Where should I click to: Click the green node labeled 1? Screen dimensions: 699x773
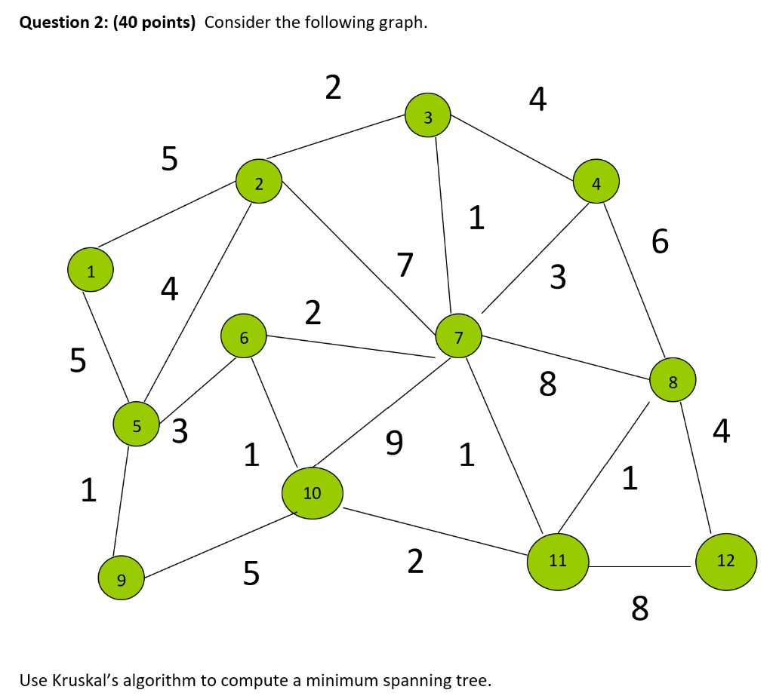tap(91, 272)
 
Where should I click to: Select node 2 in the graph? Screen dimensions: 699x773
tap(259, 183)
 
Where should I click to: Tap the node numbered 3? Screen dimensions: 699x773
tap(428, 116)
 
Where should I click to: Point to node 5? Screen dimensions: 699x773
tap(136, 425)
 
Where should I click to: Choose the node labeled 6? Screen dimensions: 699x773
tap(243, 336)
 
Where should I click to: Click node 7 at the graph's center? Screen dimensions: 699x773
tap(459, 336)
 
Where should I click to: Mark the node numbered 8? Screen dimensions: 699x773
tap(673, 382)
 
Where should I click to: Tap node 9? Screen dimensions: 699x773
tap(121, 578)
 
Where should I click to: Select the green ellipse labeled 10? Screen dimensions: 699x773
tap(313, 493)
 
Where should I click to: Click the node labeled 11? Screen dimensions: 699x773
tap(558, 560)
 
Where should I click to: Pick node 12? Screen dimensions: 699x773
tap(725, 560)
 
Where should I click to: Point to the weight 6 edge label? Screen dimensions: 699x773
tap(659, 242)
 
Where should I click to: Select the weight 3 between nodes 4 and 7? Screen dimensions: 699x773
tap(557, 277)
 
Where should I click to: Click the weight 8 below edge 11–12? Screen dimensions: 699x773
tap(639, 606)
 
